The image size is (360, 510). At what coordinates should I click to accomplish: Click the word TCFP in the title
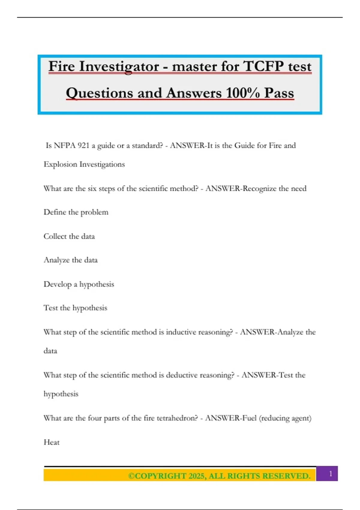pyautogui.click(x=263, y=66)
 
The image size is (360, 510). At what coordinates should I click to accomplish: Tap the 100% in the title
pyautogui.click(x=243, y=93)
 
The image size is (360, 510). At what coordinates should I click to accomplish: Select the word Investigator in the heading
pyautogui.click(x=119, y=66)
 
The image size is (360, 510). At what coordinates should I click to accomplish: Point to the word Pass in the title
pyautogui.click(x=279, y=93)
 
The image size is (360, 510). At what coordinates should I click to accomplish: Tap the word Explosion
pyautogui.click(x=60, y=164)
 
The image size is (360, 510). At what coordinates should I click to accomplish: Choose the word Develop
pyautogui.click(x=57, y=284)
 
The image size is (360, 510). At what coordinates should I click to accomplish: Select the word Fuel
pyautogui.click(x=249, y=418)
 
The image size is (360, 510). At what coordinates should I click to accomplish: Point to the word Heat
pyautogui.click(x=52, y=442)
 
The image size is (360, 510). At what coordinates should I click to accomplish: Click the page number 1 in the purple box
pyautogui.click(x=331, y=474)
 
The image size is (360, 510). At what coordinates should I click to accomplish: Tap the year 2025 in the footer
pyautogui.click(x=196, y=476)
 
